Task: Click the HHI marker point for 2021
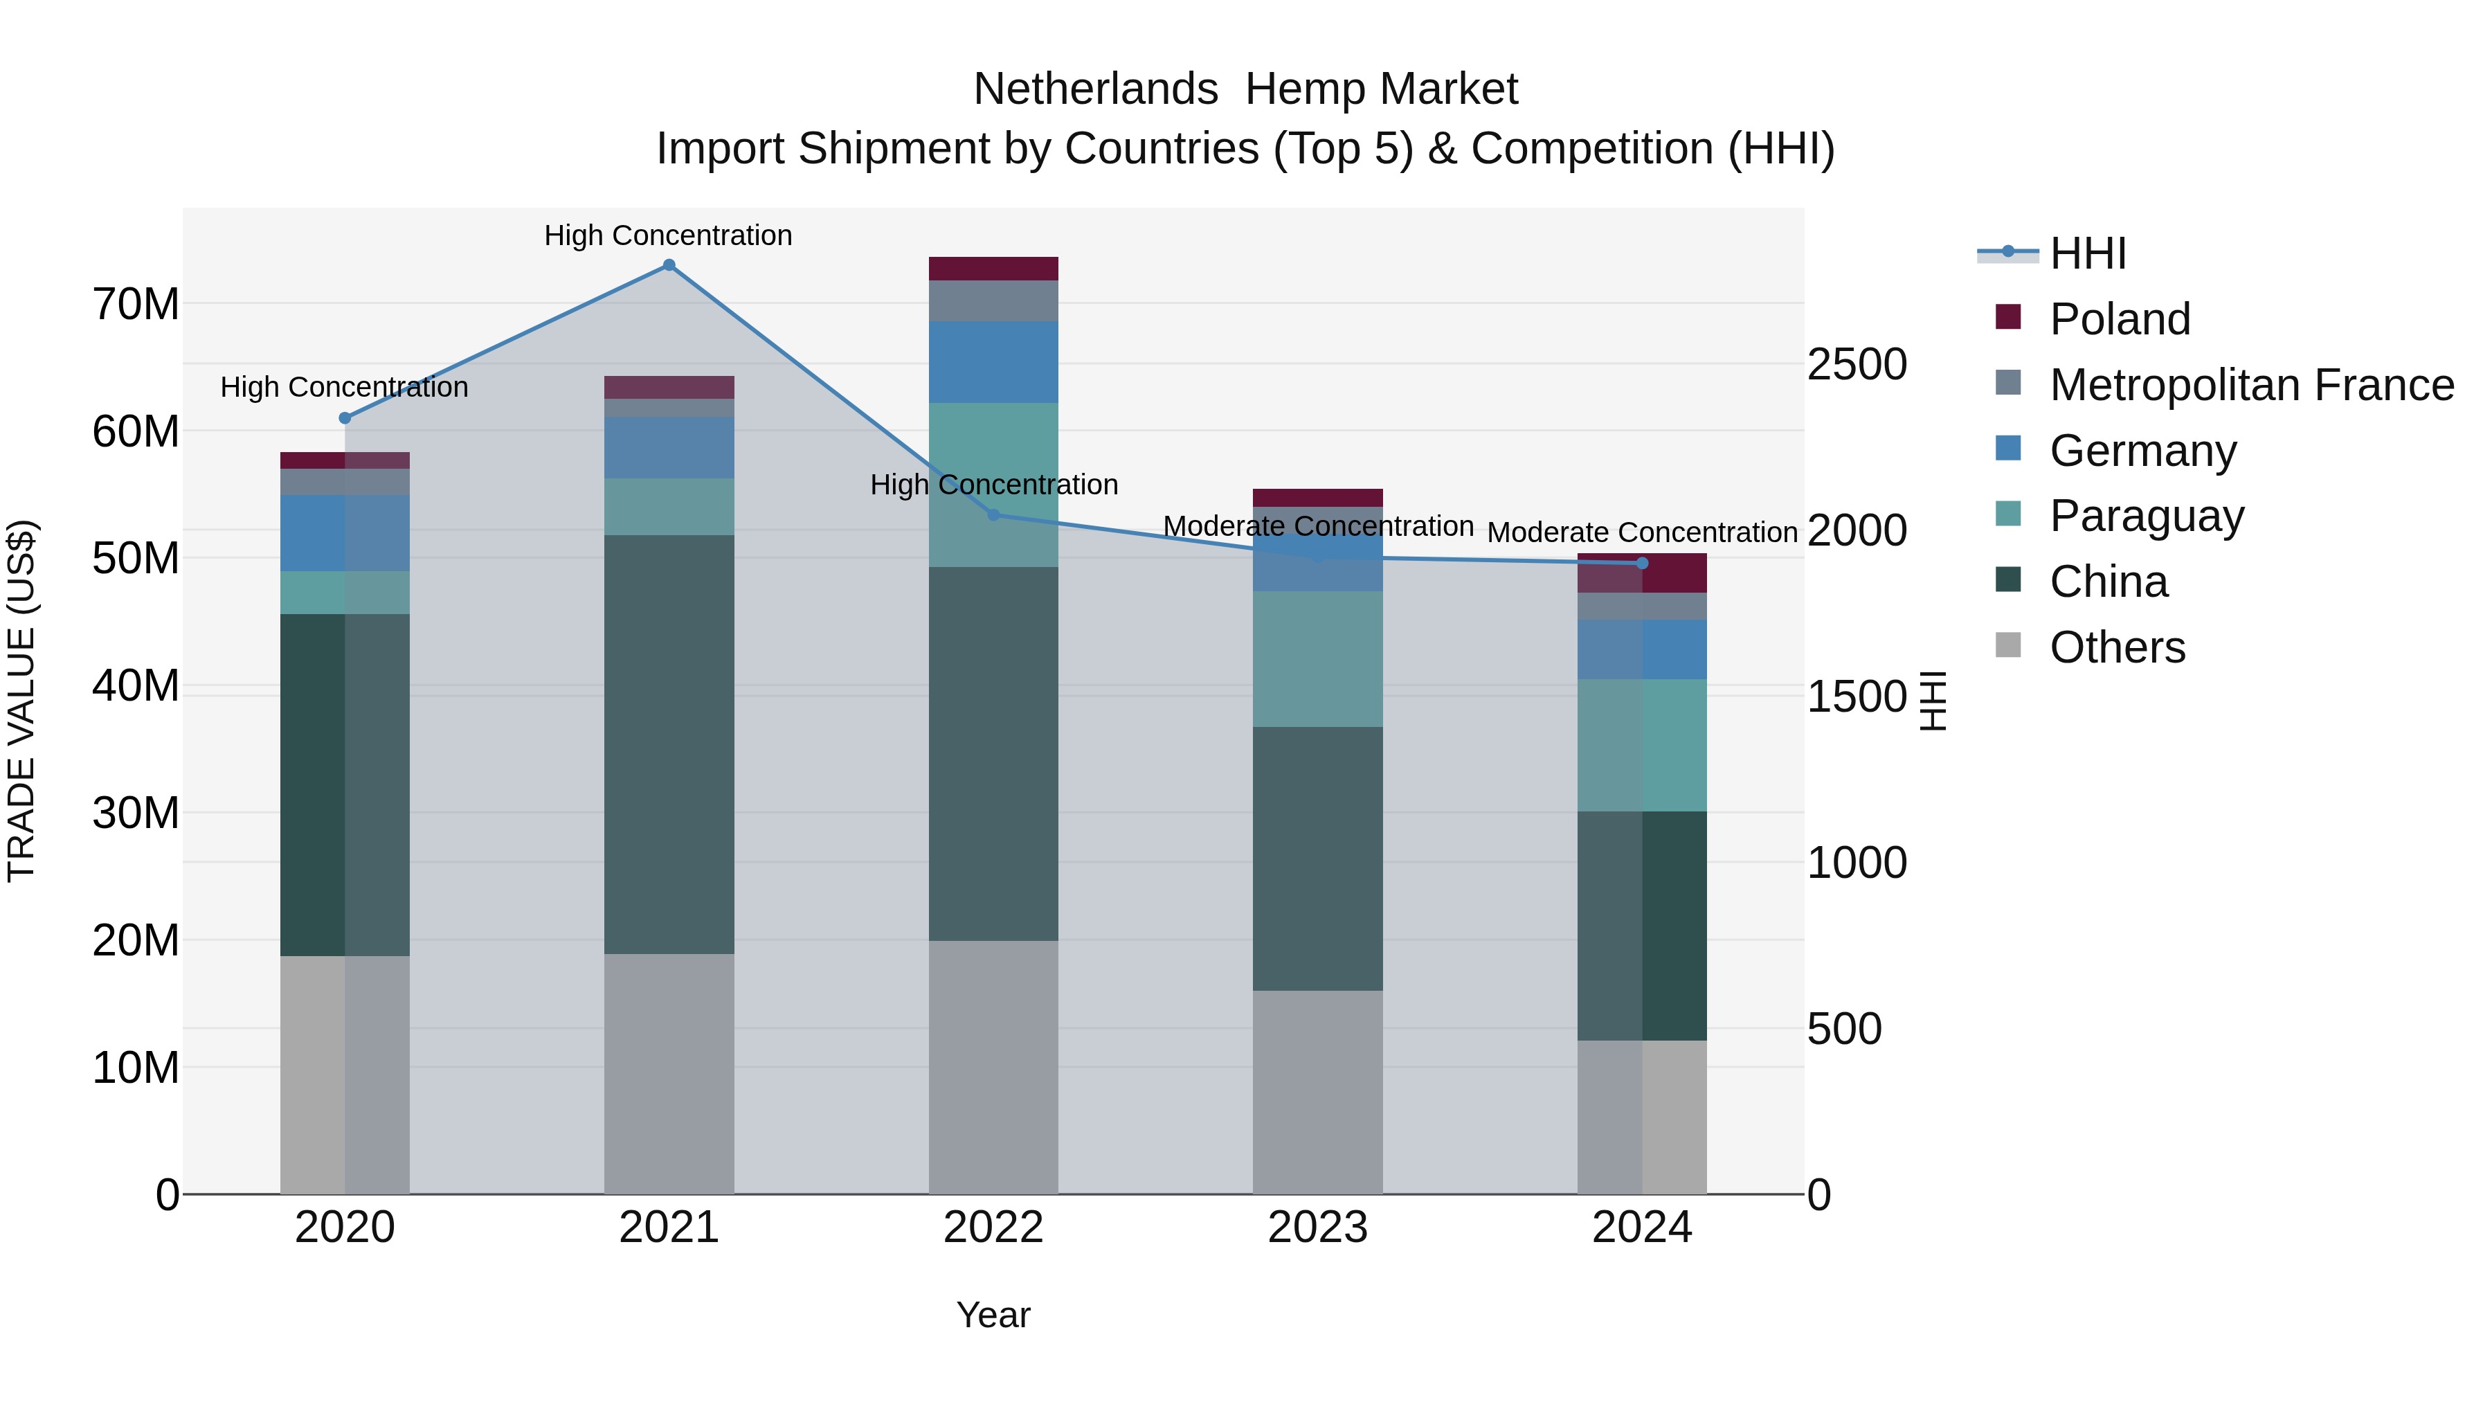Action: (669, 265)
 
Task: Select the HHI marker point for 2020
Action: (345, 418)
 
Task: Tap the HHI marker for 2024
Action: (1642, 563)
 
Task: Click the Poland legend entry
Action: (2119, 319)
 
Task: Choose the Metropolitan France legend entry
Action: (2251, 385)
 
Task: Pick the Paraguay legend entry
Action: (2146, 516)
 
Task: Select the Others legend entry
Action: (2117, 647)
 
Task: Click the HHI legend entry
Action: (2088, 253)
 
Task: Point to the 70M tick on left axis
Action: (136, 304)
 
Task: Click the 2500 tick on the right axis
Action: (1857, 365)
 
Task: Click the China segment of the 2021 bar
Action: (669, 745)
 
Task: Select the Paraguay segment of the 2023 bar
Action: (1317, 659)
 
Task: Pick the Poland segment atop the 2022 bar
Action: (993, 269)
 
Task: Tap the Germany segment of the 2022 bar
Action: (993, 362)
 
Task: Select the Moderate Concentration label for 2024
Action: (1642, 532)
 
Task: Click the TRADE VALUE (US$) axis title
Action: (21, 701)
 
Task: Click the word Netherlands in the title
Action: (1095, 89)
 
